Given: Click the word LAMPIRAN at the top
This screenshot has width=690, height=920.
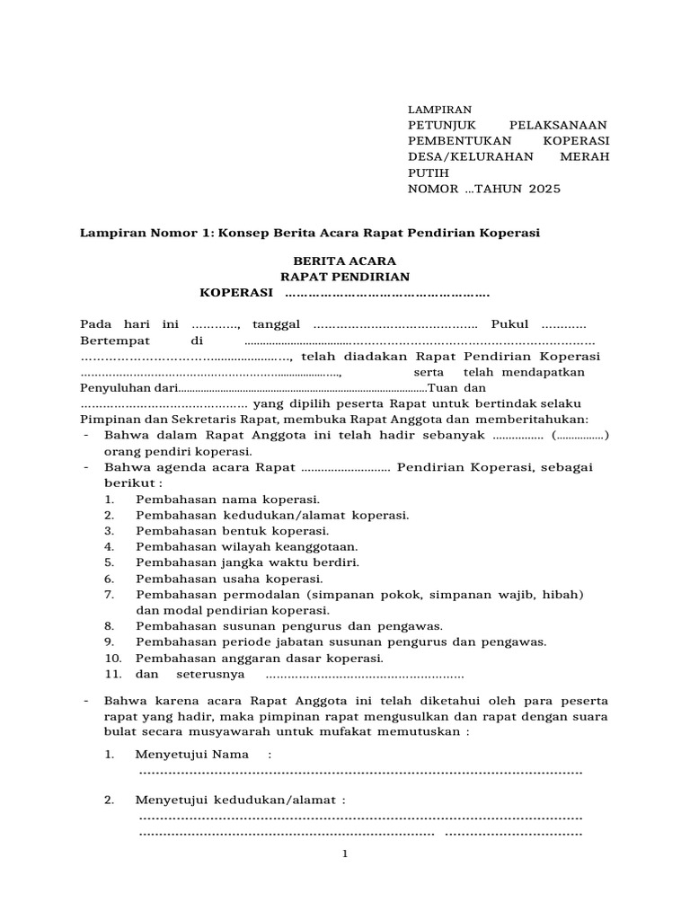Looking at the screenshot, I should point(440,108).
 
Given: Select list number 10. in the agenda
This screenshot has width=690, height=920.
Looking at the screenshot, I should point(112,658).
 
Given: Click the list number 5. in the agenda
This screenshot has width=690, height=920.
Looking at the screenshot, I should point(109,562).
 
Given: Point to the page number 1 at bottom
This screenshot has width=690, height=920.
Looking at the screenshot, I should point(344,854).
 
